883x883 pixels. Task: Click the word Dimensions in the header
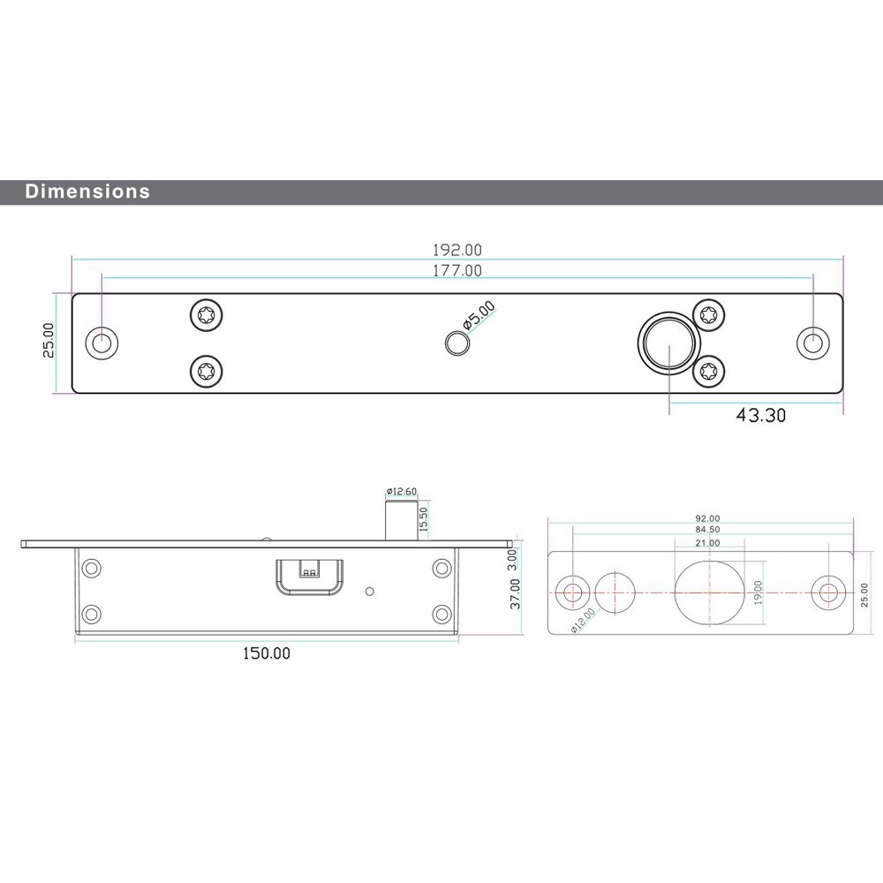[x=87, y=191]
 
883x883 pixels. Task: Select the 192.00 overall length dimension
[x=457, y=251]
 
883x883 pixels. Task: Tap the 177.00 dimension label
[x=457, y=271]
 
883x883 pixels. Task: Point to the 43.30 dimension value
[x=760, y=415]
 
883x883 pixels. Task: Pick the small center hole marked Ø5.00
[x=456, y=343]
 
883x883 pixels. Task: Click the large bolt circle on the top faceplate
[x=668, y=343]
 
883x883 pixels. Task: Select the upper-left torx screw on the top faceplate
[x=207, y=314]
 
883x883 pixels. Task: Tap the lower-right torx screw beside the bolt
[x=708, y=371]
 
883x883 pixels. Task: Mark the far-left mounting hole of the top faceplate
[x=102, y=343]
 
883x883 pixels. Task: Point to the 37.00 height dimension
[x=516, y=594]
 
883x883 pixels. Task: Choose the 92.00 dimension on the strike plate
[x=707, y=518]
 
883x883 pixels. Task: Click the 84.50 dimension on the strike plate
[x=707, y=529]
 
